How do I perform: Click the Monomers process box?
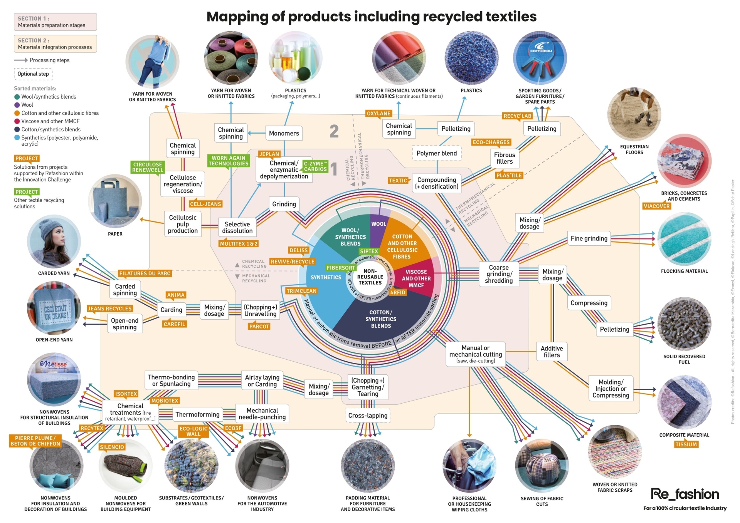click(284, 133)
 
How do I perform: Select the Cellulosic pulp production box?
click(183, 224)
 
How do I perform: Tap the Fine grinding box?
click(589, 238)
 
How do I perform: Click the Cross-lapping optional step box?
click(368, 416)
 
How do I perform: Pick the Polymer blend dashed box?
click(436, 153)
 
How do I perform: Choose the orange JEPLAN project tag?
click(269, 154)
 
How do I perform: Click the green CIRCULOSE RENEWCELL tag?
click(148, 167)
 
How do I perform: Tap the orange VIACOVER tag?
click(656, 206)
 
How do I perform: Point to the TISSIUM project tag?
click(686, 444)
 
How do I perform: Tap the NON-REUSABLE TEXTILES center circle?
click(370, 277)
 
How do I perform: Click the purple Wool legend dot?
click(17, 105)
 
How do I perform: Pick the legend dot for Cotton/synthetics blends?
click(17, 129)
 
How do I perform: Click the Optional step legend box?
click(33, 74)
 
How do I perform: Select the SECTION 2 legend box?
click(55, 44)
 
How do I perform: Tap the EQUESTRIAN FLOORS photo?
click(634, 114)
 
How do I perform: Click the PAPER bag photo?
click(115, 201)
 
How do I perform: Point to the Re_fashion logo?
click(684, 494)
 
